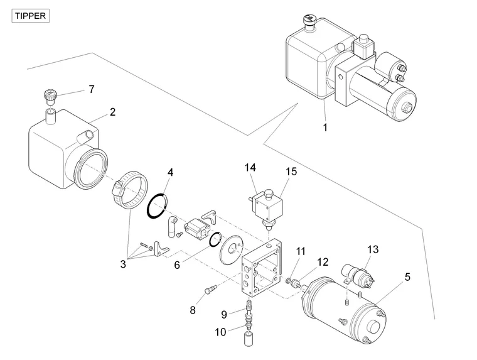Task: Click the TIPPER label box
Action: (30, 16)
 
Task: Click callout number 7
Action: (91, 89)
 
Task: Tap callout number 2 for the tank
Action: (112, 112)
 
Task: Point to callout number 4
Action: (170, 172)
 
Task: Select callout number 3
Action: (123, 264)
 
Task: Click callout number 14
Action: (250, 168)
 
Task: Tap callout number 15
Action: (291, 172)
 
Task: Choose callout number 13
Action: (373, 249)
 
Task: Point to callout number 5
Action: (407, 277)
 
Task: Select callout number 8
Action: (193, 310)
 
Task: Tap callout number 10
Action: (220, 332)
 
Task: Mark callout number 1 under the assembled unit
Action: (325, 128)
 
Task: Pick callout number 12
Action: (323, 262)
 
